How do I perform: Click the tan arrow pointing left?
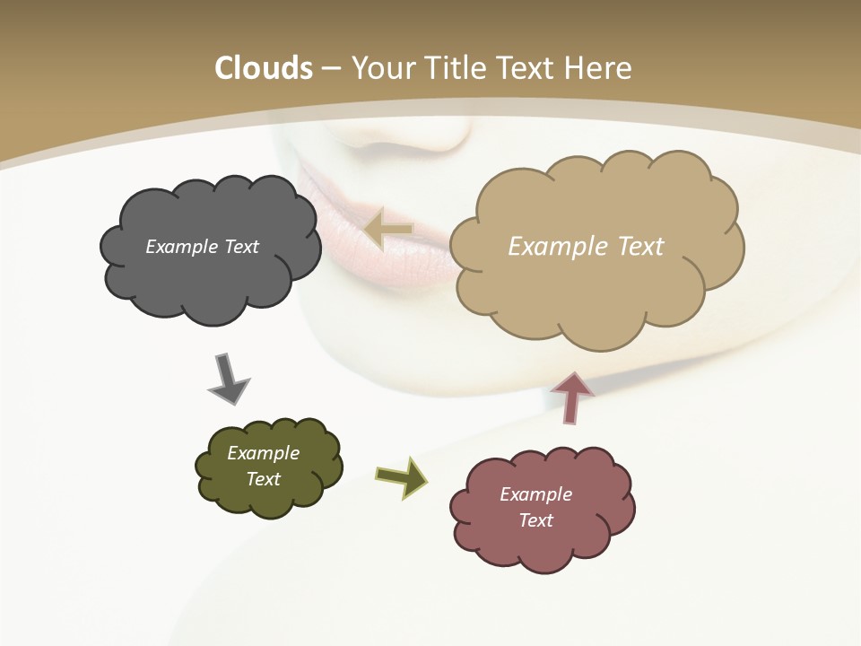coord(388,230)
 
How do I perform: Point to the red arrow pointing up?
coord(572,397)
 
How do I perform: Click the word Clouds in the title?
coord(263,68)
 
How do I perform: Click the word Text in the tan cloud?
coord(634,247)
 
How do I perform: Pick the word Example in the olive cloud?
coord(263,453)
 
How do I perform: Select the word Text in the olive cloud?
coord(263,479)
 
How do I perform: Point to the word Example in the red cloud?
coord(535,494)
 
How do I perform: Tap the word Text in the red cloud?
coord(535,520)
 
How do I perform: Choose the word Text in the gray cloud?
coord(241,247)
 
